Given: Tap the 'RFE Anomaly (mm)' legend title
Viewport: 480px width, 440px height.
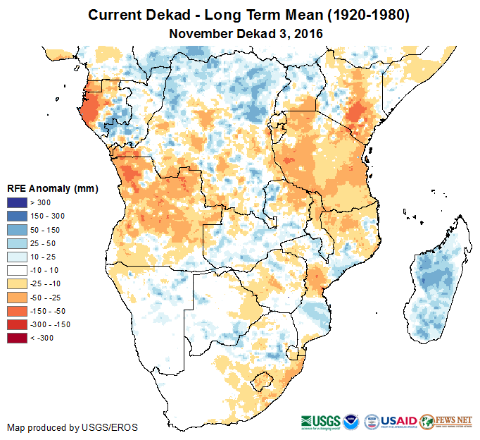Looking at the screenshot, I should [x=52, y=189].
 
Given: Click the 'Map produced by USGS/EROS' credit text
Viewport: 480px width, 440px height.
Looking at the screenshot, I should [x=72, y=427].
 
